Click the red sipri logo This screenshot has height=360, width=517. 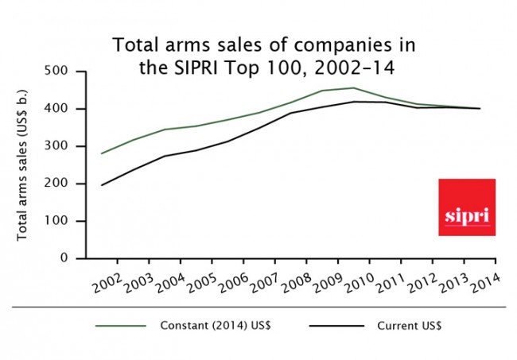click(x=467, y=207)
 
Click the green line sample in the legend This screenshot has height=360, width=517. click(x=121, y=326)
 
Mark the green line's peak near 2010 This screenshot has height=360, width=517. click(x=353, y=88)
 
